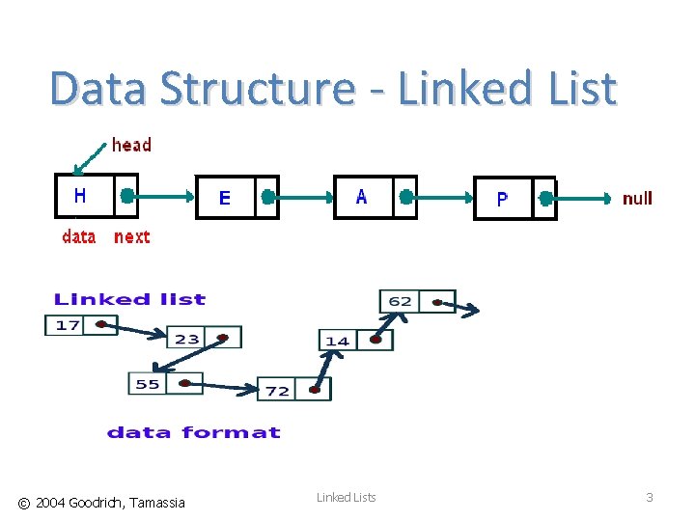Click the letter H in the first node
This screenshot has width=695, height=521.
coord(80,196)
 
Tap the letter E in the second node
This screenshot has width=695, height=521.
coord(225,198)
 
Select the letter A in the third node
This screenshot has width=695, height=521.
coord(361,197)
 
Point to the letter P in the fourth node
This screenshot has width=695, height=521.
coord(502,200)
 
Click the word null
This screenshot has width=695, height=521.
coord(637,199)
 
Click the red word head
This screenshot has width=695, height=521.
coord(132,146)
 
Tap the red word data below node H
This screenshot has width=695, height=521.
coord(79,236)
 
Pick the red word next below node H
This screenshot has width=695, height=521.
coord(132,236)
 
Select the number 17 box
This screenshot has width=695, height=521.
coord(69,325)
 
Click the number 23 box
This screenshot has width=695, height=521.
coord(187,338)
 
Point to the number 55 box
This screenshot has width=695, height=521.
coord(148,384)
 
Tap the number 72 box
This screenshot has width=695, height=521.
coord(278,390)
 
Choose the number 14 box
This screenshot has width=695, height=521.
coord(338,341)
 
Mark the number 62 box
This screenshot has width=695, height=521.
coord(401,302)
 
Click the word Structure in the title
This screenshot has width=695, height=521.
coord(258,89)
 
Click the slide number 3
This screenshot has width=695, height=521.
coord(650,498)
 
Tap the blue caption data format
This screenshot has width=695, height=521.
coord(193,433)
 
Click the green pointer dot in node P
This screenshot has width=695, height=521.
coord(545,199)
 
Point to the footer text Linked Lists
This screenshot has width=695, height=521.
coord(347,497)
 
